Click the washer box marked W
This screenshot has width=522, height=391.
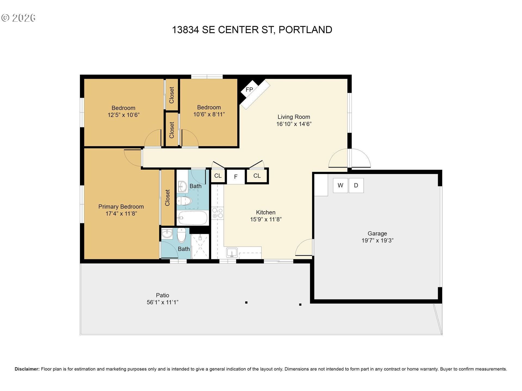tap(340, 185)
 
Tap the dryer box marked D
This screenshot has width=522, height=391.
tap(356, 185)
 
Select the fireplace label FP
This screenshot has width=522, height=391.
tap(249, 90)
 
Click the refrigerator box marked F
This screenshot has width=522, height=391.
tap(236, 177)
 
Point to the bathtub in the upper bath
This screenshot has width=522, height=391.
tap(193, 218)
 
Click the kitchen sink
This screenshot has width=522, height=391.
tap(232, 253)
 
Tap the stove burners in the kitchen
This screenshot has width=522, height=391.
tap(217, 213)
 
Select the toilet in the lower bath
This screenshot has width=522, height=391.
tap(182, 235)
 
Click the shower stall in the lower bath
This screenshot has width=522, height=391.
tap(200, 246)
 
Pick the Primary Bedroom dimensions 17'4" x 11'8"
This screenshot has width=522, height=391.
tap(121, 214)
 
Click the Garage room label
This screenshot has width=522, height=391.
tap(377, 234)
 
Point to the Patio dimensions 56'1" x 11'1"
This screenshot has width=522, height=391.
tap(163, 302)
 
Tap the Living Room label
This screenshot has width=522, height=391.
tap(294, 117)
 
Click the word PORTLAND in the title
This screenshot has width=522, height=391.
tap(305, 30)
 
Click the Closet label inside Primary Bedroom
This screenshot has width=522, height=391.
tap(167, 198)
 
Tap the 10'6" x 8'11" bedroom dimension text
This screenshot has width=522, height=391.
tap(209, 114)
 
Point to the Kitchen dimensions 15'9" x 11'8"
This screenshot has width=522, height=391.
tap(266, 219)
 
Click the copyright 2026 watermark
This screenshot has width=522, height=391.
tap(18, 18)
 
